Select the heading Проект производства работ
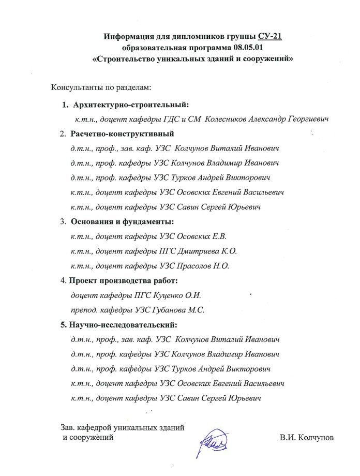[123, 281]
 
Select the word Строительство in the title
[128, 59]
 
